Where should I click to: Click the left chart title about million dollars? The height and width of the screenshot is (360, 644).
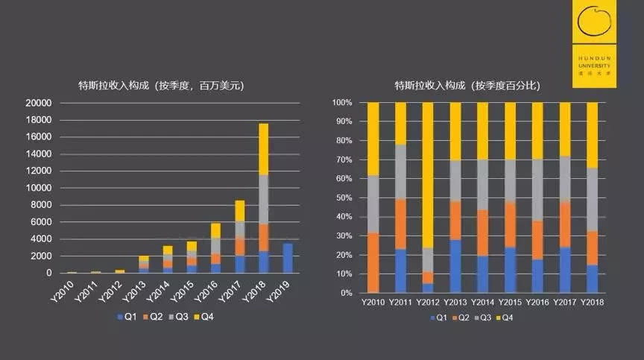pyautogui.click(x=162, y=86)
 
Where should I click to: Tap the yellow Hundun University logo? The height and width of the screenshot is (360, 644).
pyautogui.click(x=594, y=44)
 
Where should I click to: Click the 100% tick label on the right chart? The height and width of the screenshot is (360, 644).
pyautogui.click(x=342, y=103)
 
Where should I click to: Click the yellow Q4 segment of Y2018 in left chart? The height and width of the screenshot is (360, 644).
pyautogui.click(x=264, y=149)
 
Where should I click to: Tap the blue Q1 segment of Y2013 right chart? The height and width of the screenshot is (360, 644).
pyautogui.click(x=455, y=266)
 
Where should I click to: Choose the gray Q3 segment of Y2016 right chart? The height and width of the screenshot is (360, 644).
pyautogui.click(x=537, y=190)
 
